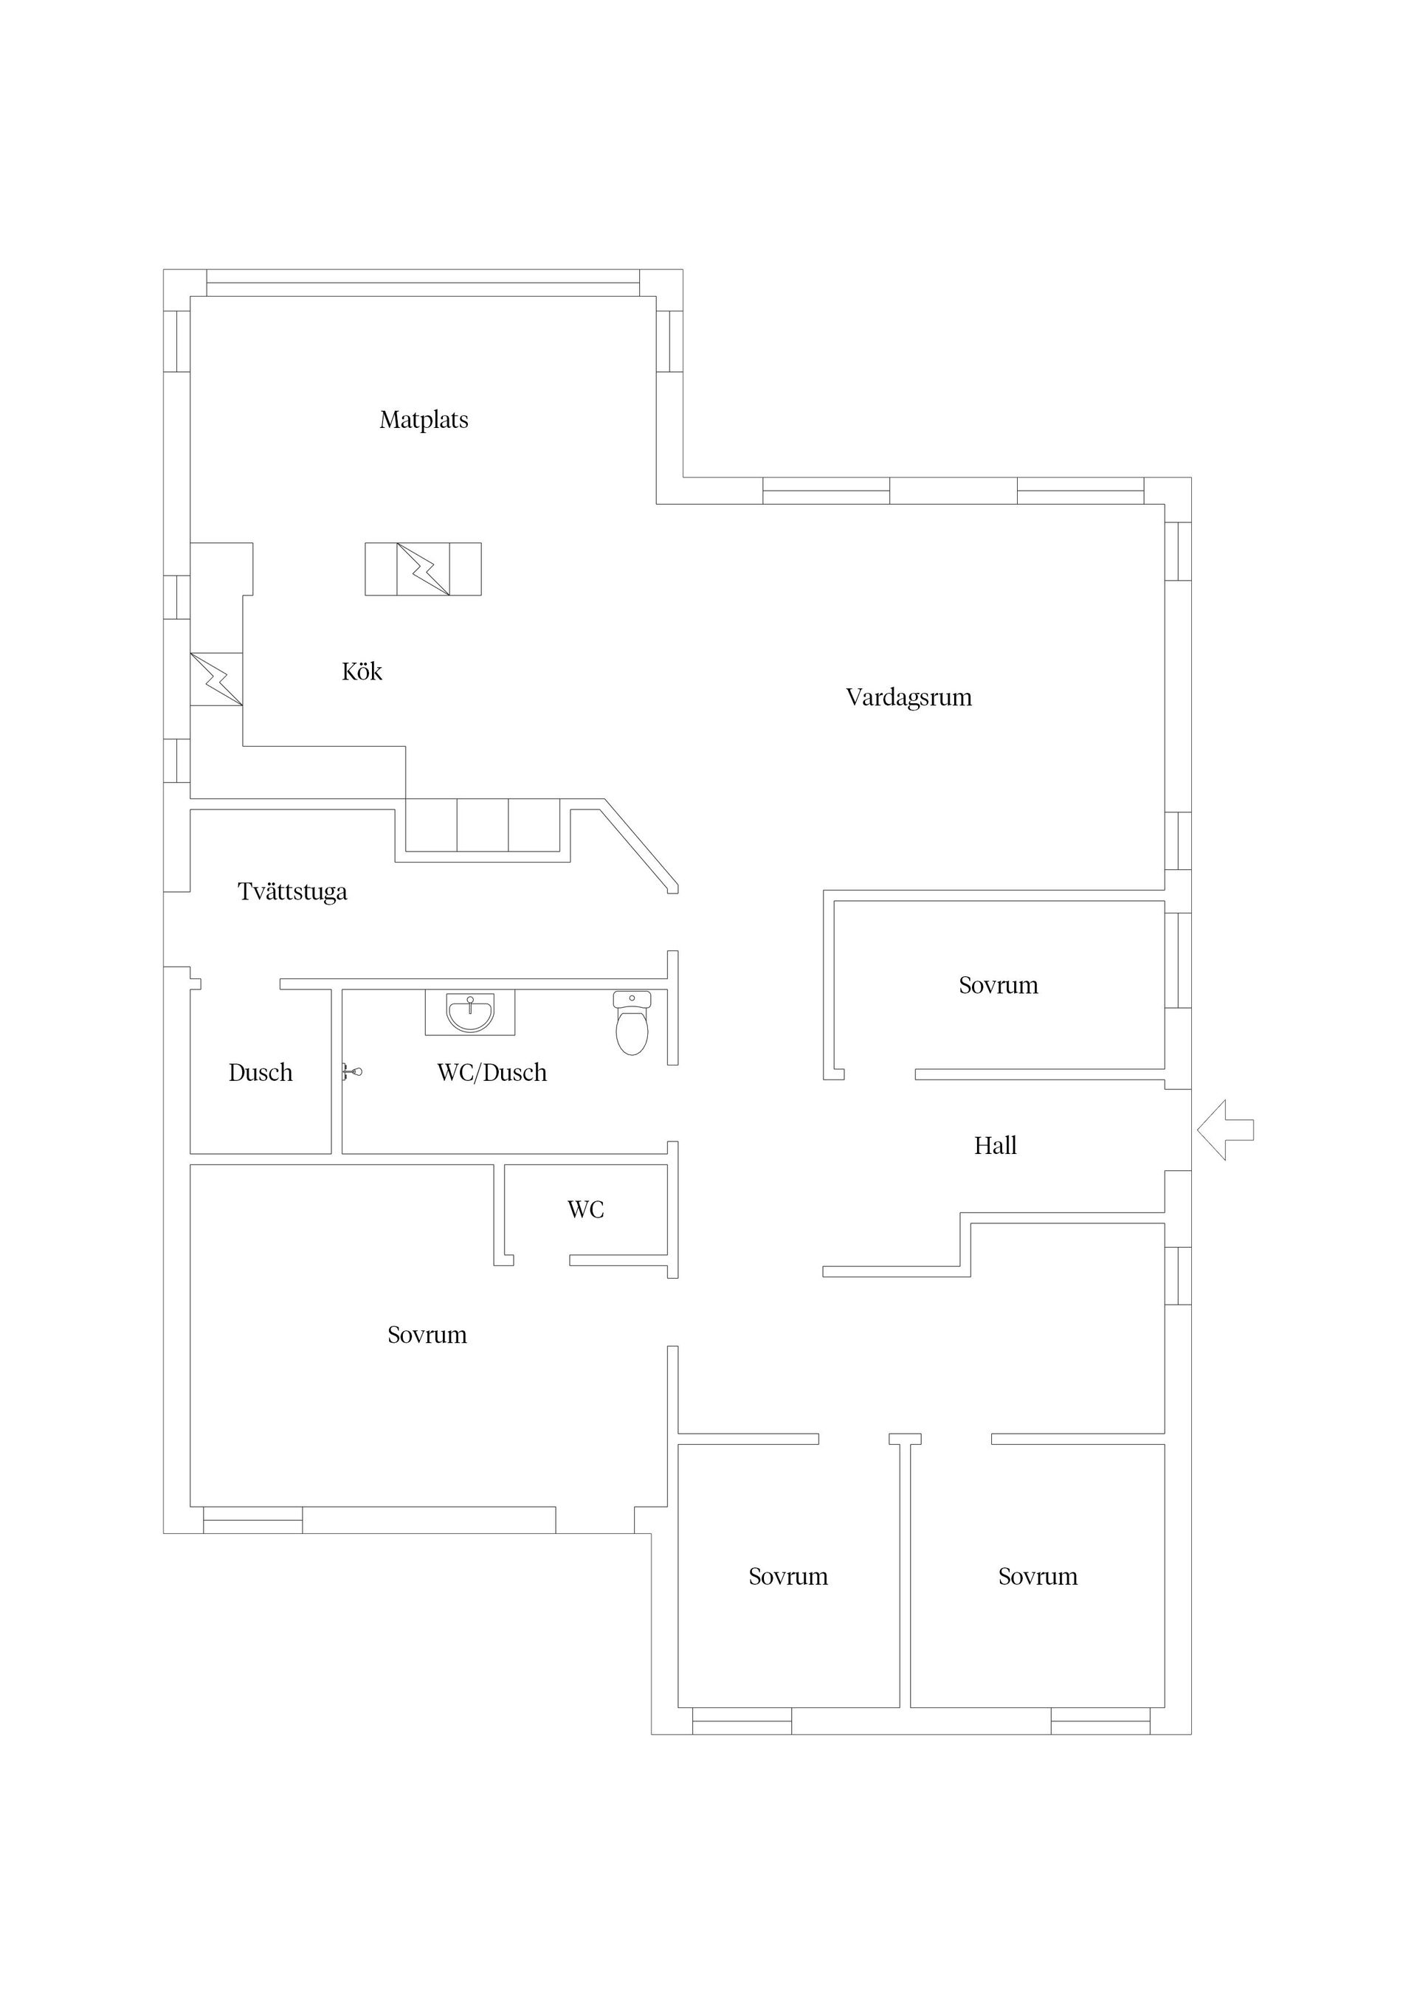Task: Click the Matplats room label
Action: [x=424, y=420]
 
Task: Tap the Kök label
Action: [x=362, y=671]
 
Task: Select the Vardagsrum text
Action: [x=908, y=697]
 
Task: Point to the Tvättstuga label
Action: [x=292, y=891]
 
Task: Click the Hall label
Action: [x=996, y=1145]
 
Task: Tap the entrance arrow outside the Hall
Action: [x=1225, y=1130]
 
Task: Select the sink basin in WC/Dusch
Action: [x=469, y=1012]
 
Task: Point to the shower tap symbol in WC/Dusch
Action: [x=352, y=1072]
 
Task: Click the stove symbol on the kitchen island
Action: [x=424, y=569]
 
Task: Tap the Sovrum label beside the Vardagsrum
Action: [x=998, y=986]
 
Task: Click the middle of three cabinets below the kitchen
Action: [x=483, y=825]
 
